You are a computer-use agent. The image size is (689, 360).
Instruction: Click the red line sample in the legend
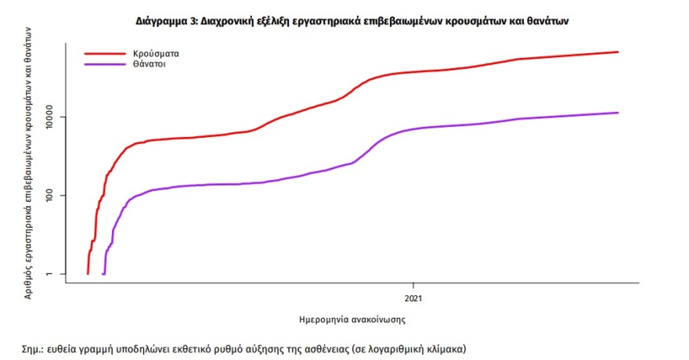click(105, 53)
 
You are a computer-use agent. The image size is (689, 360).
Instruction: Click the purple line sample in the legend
click(105, 64)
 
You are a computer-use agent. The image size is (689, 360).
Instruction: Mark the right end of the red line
click(619, 52)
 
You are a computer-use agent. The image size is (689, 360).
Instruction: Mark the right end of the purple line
click(619, 113)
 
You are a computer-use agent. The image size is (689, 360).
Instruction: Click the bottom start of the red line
click(88, 274)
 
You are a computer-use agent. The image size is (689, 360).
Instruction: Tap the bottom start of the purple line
click(104, 274)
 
